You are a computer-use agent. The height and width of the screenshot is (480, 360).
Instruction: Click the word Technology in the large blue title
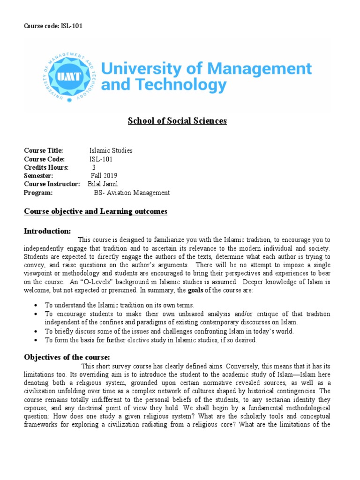click(x=178, y=85)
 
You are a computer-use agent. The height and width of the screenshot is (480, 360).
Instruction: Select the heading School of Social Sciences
click(x=177, y=121)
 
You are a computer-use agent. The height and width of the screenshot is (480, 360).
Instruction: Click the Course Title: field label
click(x=44, y=150)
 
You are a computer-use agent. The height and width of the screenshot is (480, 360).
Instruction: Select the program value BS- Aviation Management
click(x=132, y=193)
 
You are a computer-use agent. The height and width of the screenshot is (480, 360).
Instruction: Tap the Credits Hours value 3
click(x=94, y=167)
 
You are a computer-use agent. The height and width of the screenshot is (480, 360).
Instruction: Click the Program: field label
click(x=38, y=193)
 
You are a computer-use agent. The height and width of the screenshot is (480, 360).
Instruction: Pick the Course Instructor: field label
click(x=52, y=184)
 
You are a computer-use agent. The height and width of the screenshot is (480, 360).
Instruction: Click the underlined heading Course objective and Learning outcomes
click(x=96, y=211)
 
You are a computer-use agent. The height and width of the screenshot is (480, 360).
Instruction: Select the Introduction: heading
click(x=47, y=231)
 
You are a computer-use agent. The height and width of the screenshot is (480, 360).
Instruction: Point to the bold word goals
click(x=195, y=291)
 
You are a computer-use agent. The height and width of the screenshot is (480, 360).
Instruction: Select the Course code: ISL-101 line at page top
click(x=53, y=26)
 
